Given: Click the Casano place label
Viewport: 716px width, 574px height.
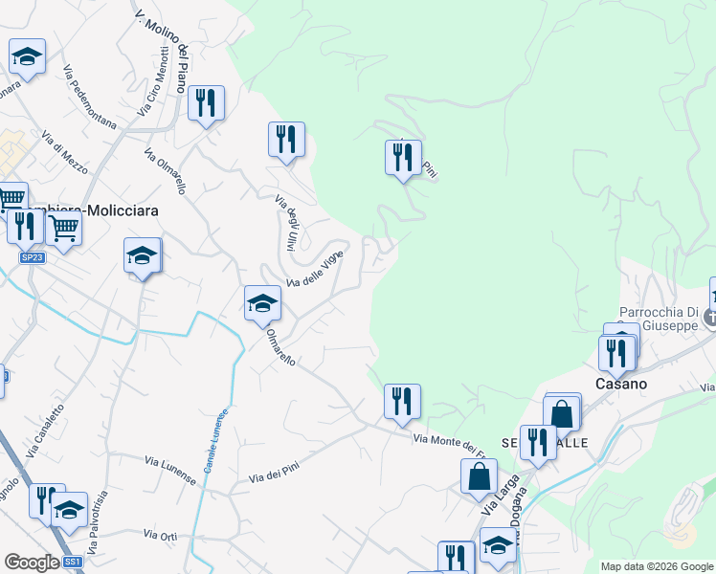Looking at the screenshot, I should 621,384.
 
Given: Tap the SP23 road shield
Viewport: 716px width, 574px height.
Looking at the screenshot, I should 32,257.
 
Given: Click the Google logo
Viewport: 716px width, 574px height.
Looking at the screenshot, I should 31,563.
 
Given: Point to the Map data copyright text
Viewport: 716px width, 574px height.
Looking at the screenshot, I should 656,566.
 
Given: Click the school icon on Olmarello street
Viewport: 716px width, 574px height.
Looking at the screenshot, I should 262,303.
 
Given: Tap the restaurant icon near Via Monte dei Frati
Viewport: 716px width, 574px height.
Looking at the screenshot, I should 402,401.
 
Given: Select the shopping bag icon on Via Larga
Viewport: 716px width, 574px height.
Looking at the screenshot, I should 478,476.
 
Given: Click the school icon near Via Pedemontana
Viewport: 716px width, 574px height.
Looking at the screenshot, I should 28,56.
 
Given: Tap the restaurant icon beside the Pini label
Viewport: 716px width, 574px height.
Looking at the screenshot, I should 403,157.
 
